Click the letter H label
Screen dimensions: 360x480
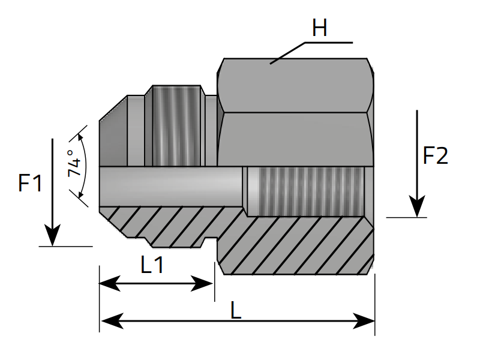coord(319,28)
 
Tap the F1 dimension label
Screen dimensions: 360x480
coord(30,183)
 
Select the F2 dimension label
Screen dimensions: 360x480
coord(436,157)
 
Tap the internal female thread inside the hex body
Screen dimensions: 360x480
coord(306,191)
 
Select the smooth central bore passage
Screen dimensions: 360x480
coord(171,186)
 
